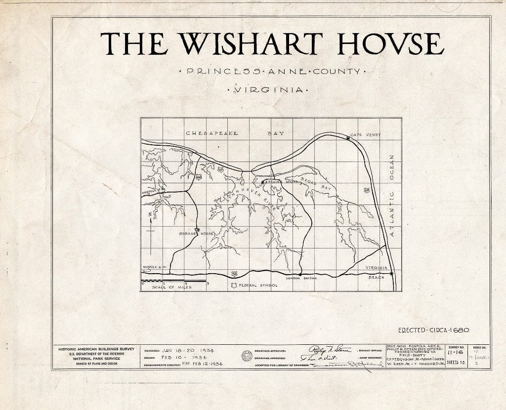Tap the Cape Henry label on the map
coord(365,134)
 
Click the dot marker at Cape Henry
coord(348,139)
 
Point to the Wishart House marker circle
coord(198,230)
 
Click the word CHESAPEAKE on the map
coord(211,133)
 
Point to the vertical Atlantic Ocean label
coord(391,195)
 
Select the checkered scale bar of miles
coord(173,281)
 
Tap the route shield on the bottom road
coord(233,273)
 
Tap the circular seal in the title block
coord(247,356)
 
